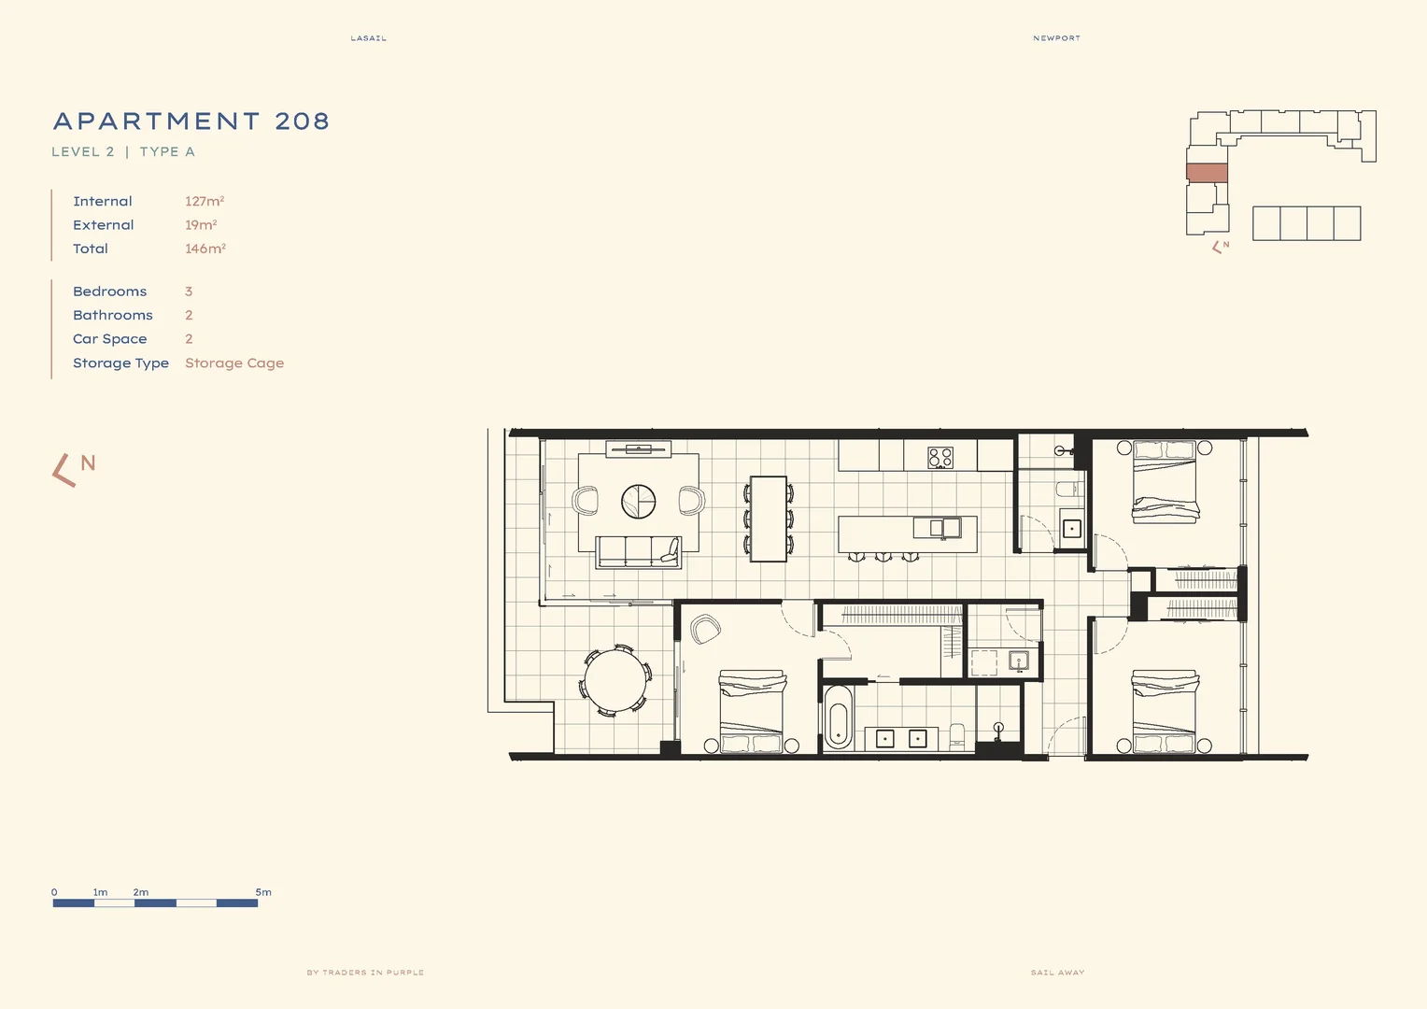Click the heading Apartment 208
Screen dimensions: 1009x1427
191,121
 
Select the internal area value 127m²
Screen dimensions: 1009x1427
205,201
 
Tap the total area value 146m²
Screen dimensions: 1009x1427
205,249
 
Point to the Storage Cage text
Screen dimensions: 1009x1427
234,363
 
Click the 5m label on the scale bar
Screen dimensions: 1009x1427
263,892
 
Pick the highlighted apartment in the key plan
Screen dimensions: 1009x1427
1207,173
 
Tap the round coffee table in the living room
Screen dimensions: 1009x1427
639,502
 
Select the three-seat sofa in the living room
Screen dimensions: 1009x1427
639,551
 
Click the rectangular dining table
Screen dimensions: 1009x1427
768,519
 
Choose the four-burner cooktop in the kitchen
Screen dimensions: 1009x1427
940,457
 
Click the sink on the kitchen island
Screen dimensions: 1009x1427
944,528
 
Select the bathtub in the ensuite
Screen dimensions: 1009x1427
838,718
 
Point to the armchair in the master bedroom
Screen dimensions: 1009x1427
705,629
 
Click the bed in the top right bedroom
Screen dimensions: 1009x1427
1165,481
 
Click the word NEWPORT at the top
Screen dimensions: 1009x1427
1056,38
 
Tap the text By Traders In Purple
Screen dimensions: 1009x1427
365,973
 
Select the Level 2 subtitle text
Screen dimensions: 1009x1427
83,151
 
